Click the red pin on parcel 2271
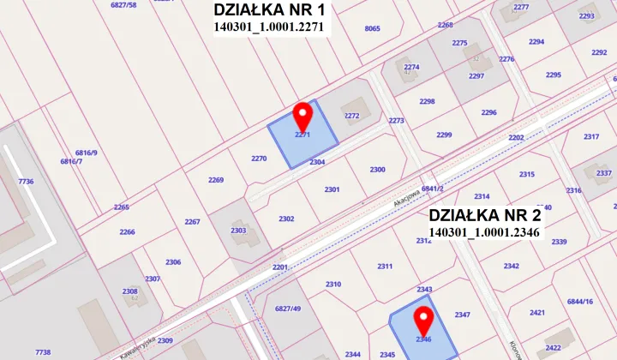coord(302,116)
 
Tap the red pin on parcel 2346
coord(422,321)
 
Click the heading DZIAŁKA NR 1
coord(268,10)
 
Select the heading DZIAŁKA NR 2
coord(484,214)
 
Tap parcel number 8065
coord(372,28)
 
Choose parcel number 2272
coord(351,115)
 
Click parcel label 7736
coord(26,182)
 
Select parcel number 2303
coord(238,230)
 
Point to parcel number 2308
coord(129,291)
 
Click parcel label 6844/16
coord(580,302)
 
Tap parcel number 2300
coord(377,170)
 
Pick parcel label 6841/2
coord(432,189)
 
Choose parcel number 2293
coord(586,15)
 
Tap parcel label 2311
coord(384,266)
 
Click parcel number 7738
coord(43,351)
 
